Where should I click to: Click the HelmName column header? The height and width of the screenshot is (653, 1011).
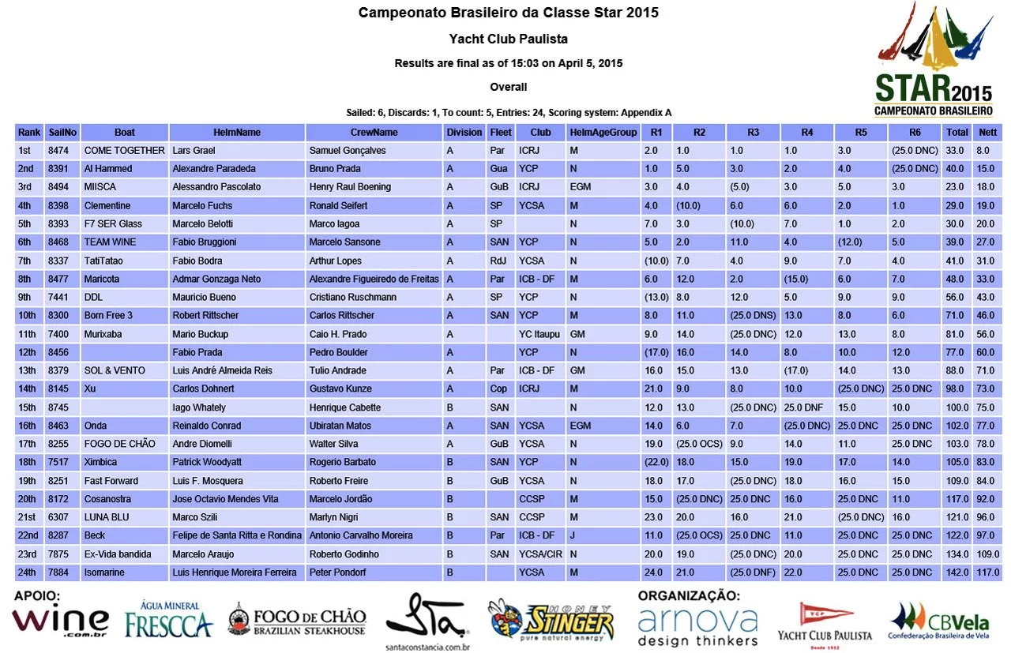(236, 133)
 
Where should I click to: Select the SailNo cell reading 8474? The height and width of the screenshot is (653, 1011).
(58, 151)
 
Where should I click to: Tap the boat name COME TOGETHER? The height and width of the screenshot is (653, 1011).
(124, 151)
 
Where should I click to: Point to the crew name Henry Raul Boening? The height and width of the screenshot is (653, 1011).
(350, 187)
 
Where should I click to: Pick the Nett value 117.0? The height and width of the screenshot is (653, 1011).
(988, 572)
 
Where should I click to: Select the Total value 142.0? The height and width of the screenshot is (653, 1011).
(957, 572)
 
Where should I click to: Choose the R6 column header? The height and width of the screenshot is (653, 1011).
(915, 133)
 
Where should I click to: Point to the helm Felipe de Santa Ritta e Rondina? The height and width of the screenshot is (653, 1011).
(237, 536)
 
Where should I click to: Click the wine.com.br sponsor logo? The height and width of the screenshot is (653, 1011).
(60, 621)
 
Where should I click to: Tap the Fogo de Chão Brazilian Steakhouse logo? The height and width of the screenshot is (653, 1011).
(298, 620)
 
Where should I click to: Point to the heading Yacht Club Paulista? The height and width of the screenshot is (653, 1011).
(508, 39)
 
